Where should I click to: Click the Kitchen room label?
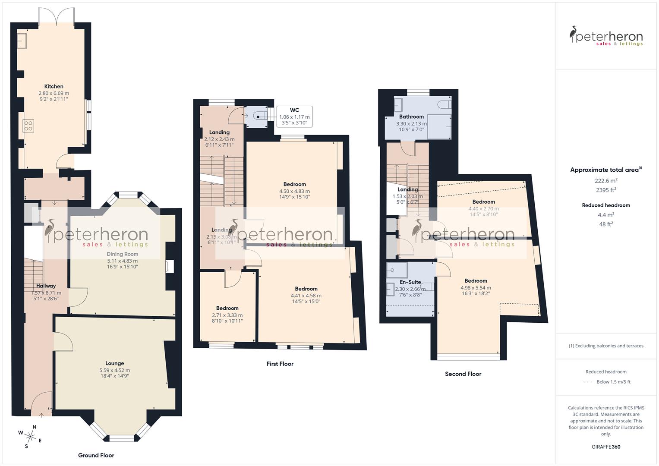tap(54, 87)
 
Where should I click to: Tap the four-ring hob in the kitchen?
tap(28, 126)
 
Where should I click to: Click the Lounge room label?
tap(114, 363)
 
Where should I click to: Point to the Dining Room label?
tap(122, 254)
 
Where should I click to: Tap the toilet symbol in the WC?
tap(259, 116)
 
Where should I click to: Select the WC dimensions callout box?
tap(294, 116)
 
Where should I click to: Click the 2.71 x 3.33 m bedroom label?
tap(227, 308)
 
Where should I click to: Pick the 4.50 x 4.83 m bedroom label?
tap(294, 184)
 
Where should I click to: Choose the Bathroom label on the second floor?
tap(411, 116)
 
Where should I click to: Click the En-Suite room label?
tap(410, 282)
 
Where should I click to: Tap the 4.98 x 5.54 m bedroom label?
tap(476, 281)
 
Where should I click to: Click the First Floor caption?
tap(280, 364)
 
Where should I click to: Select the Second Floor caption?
tap(463, 374)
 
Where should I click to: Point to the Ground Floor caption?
tap(96, 455)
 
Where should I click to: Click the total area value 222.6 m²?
tap(606, 181)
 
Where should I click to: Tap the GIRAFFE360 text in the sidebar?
tap(605, 447)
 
